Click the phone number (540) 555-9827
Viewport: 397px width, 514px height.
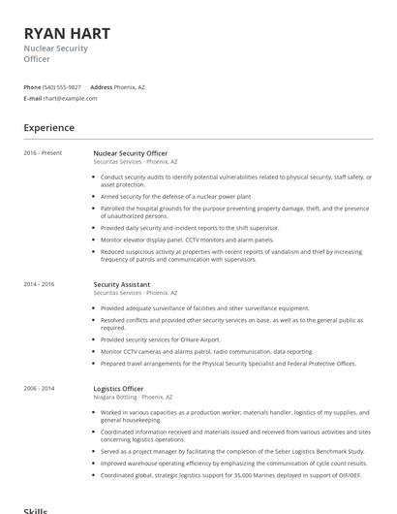pyautogui.click(x=62, y=87)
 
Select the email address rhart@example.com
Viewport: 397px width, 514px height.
pyautogui.click(x=67, y=98)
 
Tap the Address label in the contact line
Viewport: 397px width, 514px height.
pyautogui.click(x=101, y=87)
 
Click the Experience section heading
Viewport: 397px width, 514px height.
pyautogui.click(x=48, y=128)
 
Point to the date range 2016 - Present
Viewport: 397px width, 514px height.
pyautogui.click(x=43, y=153)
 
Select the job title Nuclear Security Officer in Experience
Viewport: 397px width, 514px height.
pyautogui.click(x=130, y=153)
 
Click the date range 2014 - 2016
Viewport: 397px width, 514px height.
pyautogui.click(x=40, y=284)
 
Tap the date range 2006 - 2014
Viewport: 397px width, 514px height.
pyautogui.click(x=40, y=389)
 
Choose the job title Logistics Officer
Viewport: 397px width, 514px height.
pyautogui.click(x=118, y=389)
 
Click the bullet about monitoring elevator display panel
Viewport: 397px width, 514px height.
pyautogui.click(x=187, y=239)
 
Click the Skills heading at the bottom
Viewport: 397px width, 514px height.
pyautogui.click(x=35, y=509)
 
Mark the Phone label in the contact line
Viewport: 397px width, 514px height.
pyautogui.click(x=32, y=87)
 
